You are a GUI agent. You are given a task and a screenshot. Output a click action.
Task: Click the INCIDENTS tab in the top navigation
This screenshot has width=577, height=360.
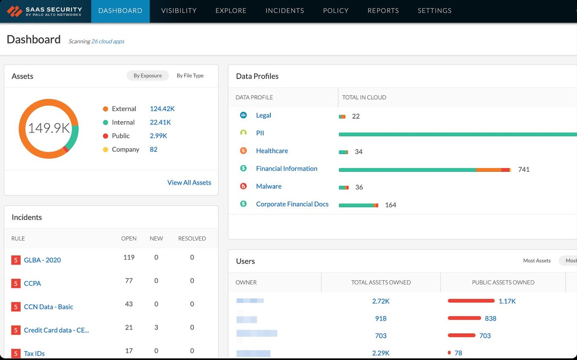[284, 11]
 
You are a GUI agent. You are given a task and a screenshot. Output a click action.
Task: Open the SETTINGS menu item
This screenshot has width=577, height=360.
[434, 11]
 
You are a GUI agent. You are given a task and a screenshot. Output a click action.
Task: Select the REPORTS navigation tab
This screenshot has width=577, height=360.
[383, 11]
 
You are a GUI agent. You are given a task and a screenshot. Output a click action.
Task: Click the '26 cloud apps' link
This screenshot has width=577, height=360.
[108, 41]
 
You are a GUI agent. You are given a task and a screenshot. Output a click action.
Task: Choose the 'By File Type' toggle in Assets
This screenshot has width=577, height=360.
[190, 76]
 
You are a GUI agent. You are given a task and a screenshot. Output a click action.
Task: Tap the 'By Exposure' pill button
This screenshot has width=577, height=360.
[147, 76]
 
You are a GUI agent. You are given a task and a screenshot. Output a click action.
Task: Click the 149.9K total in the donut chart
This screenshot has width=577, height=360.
[49, 128]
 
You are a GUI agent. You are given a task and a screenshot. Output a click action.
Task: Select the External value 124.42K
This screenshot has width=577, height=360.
[162, 109]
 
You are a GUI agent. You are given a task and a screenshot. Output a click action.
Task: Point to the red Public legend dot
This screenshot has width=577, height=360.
[106, 136]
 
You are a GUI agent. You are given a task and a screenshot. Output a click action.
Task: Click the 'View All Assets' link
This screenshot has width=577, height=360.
[189, 182]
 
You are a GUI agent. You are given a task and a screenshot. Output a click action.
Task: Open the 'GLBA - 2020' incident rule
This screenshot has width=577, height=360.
[42, 260]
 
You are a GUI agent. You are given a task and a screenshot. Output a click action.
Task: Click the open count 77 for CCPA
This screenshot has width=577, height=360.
[128, 281]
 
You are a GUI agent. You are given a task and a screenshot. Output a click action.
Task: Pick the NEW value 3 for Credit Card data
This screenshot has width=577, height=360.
[156, 328]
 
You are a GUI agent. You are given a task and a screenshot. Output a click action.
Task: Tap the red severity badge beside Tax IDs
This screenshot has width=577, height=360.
[16, 354]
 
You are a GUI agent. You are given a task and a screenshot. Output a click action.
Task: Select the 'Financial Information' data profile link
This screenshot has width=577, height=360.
[286, 168]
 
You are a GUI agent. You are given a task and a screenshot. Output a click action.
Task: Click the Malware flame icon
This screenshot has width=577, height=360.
[243, 186]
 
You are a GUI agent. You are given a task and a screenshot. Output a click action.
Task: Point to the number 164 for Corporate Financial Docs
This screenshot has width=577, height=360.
[390, 205]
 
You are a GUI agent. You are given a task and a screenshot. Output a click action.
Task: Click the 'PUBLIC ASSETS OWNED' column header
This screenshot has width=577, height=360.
[503, 282]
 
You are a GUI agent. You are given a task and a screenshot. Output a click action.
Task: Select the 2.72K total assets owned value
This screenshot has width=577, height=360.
[381, 301]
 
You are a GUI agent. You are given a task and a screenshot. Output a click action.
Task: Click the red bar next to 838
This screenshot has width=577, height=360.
[464, 318]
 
